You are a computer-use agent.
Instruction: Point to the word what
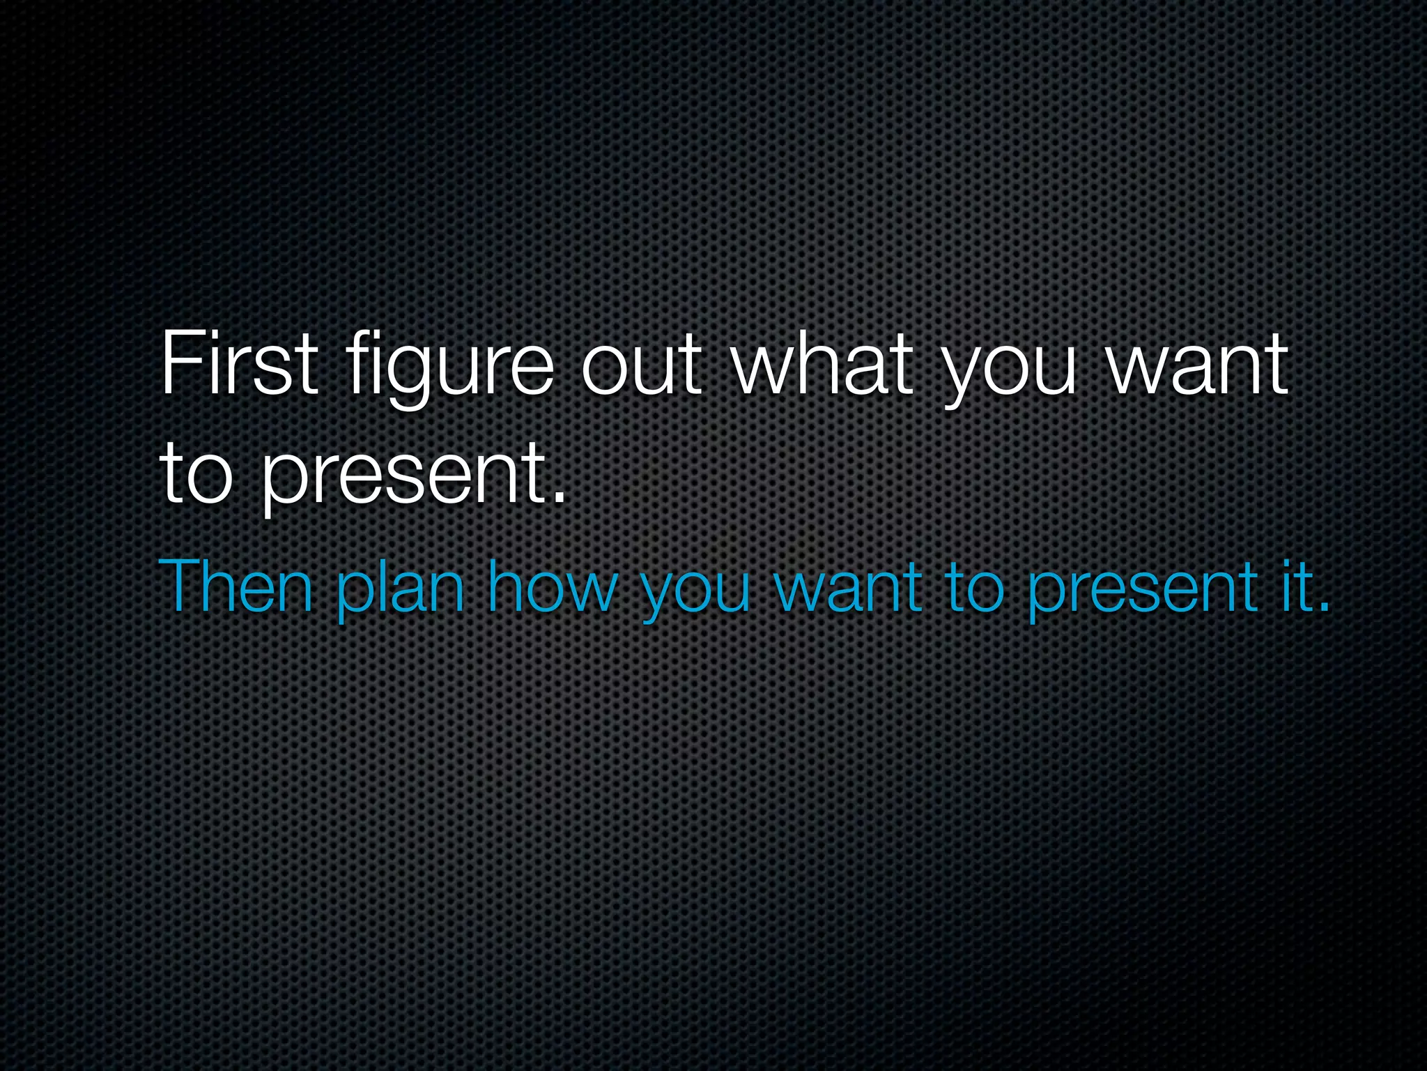[822, 364]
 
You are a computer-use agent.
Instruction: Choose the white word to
[195, 475]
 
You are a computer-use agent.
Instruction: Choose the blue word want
[847, 587]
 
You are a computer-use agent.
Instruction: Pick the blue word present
[1143, 592]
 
